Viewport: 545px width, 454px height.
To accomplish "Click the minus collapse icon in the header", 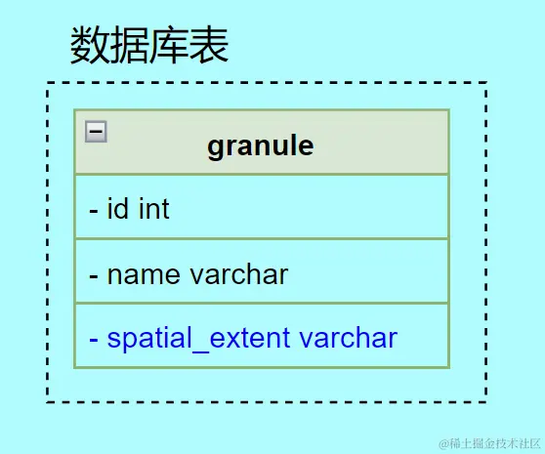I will pos(96,131).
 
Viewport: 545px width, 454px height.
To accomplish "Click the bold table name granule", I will pos(261,145).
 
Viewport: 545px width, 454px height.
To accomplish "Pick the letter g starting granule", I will pos(216,147).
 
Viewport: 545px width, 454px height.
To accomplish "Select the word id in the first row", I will pos(119,208).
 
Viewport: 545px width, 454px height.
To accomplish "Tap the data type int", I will pos(153,208).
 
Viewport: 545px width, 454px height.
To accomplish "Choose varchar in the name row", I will pos(239,273).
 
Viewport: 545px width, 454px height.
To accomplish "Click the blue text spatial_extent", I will pos(198,338).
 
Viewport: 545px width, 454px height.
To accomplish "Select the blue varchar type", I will pos(348,338).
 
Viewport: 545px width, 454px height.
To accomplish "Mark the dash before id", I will pos(94,210).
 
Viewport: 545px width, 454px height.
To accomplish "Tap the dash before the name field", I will pos(94,275).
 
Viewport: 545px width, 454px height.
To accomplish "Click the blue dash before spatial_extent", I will pos(94,340).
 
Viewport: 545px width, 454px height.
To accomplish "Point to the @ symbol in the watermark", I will pos(442,441).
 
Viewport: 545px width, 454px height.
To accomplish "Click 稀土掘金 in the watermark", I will pos(467,441).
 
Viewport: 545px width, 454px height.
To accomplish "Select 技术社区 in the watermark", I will pos(511,441).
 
